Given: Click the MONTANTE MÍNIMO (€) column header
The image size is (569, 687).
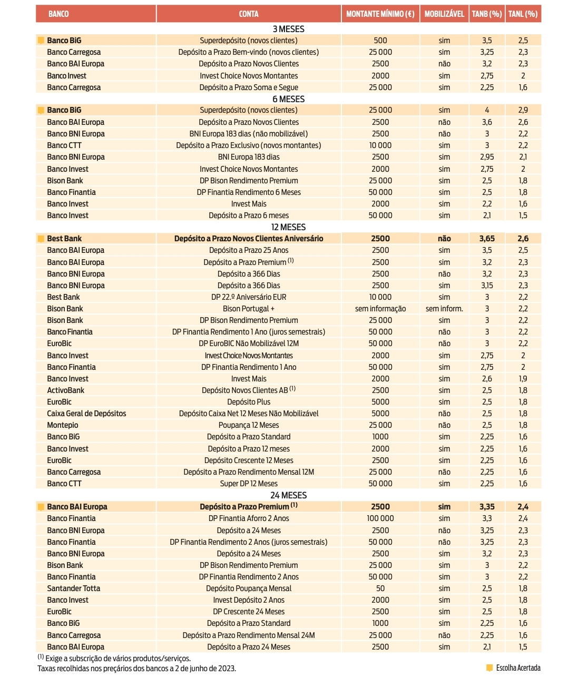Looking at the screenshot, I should pos(380,14).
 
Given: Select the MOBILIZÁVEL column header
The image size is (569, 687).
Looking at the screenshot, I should pos(444,14).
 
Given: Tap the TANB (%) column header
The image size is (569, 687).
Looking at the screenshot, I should pos(486,14).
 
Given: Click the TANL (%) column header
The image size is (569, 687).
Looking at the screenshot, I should pos(523,14).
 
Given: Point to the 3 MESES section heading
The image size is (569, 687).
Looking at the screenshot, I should pos(288,29).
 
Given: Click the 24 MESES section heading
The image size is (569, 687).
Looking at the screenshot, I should pos(288,495).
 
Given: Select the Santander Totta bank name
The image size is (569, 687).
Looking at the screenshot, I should pos(73,588).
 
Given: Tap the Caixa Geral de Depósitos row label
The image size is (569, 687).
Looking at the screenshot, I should pos(86,414).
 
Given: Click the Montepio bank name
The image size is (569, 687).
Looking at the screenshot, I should pos(62,425).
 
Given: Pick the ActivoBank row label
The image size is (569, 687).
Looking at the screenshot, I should pos(65,390).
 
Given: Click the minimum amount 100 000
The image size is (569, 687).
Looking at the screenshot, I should pos(380,518).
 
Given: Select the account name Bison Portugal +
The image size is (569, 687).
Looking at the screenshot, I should pos(249,309).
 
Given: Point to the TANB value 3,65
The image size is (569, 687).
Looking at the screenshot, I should pos(487,239).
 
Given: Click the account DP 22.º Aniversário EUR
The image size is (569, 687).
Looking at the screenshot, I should pos(249,297).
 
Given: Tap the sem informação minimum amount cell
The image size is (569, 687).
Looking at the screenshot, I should pos(380,309).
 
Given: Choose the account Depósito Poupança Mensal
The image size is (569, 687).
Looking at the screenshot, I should pos(249,588).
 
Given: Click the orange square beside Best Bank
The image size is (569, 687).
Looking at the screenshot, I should pos(41,239).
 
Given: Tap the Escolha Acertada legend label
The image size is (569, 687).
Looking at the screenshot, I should pos(518,668).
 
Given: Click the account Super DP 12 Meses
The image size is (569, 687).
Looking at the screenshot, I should pos(249,484).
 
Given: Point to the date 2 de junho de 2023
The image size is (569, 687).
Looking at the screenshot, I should pos(206,669).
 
